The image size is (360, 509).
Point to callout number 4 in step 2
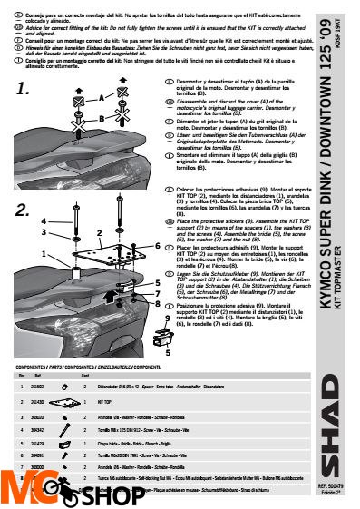[42, 220]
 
